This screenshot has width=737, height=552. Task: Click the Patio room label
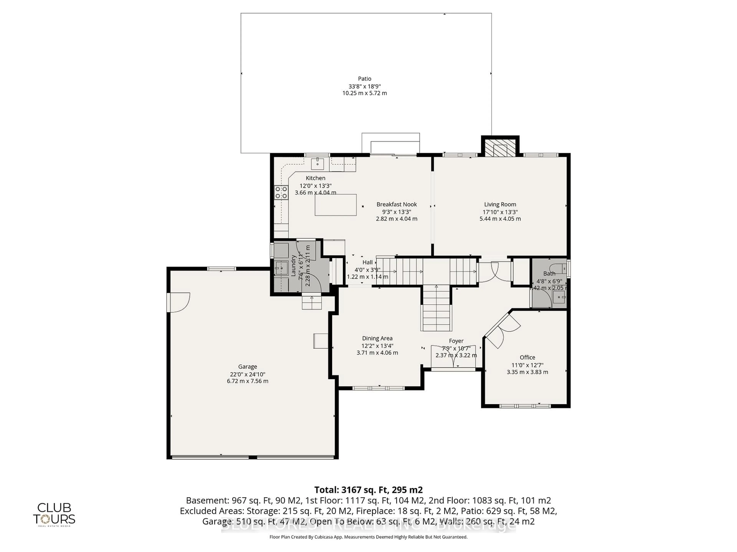[x=364, y=79]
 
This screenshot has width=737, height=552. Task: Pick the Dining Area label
[x=377, y=338]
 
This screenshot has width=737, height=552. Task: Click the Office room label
[x=527, y=357]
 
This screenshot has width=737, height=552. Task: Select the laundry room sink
[x=282, y=268]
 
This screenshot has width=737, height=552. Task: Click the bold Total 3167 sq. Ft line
[x=368, y=490]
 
